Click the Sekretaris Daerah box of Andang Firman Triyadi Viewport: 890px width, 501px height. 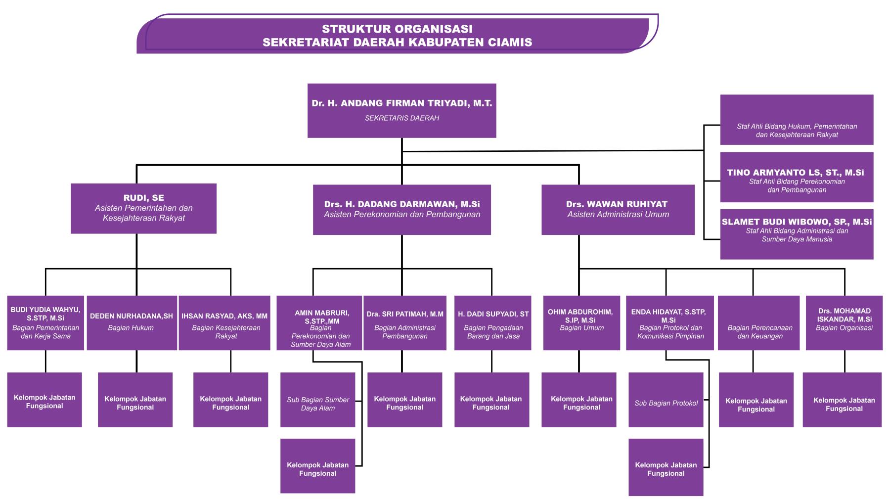pyautogui.click(x=401, y=110)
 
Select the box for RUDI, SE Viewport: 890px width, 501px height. pyautogui.click(x=143, y=208)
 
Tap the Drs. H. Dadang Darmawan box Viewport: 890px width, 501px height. pyautogui.click(x=401, y=209)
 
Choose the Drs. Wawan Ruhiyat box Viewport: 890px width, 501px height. pyautogui.click(x=618, y=209)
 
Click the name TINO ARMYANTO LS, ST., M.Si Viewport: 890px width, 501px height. pyautogui.click(x=796, y=173)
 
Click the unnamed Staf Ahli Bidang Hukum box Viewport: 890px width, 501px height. pyautogui.click(x=797, y=120)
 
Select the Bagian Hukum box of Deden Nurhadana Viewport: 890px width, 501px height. pyautogui.click(x=132, y=322)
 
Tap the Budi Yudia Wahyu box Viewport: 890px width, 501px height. pyautogui.click(x=45, y=322)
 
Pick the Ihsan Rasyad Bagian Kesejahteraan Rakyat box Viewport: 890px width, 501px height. pyautogui.click(x=224, y=322)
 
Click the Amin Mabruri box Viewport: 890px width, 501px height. pyautogui.click(x=319, y=322)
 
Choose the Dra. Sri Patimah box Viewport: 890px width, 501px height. pyautogui.click(x=404, y=322)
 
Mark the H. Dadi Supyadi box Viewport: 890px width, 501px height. pyautogui.click(x=492, y=322)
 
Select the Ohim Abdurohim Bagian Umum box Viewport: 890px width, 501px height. pyautogui.click(x=581, y=322)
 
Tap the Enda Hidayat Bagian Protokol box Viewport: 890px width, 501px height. pyautogui.click(x=669, y=322)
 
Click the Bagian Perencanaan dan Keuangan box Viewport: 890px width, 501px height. pyautogui.click(x=758, y=322)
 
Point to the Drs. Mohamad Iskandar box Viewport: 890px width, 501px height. pyautogui.click(x=844, y=322)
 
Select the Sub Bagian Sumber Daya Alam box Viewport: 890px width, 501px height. pyautogui.click(x=317, y=400)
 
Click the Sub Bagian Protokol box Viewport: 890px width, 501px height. pyautogui.click(x=666, y=400)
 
